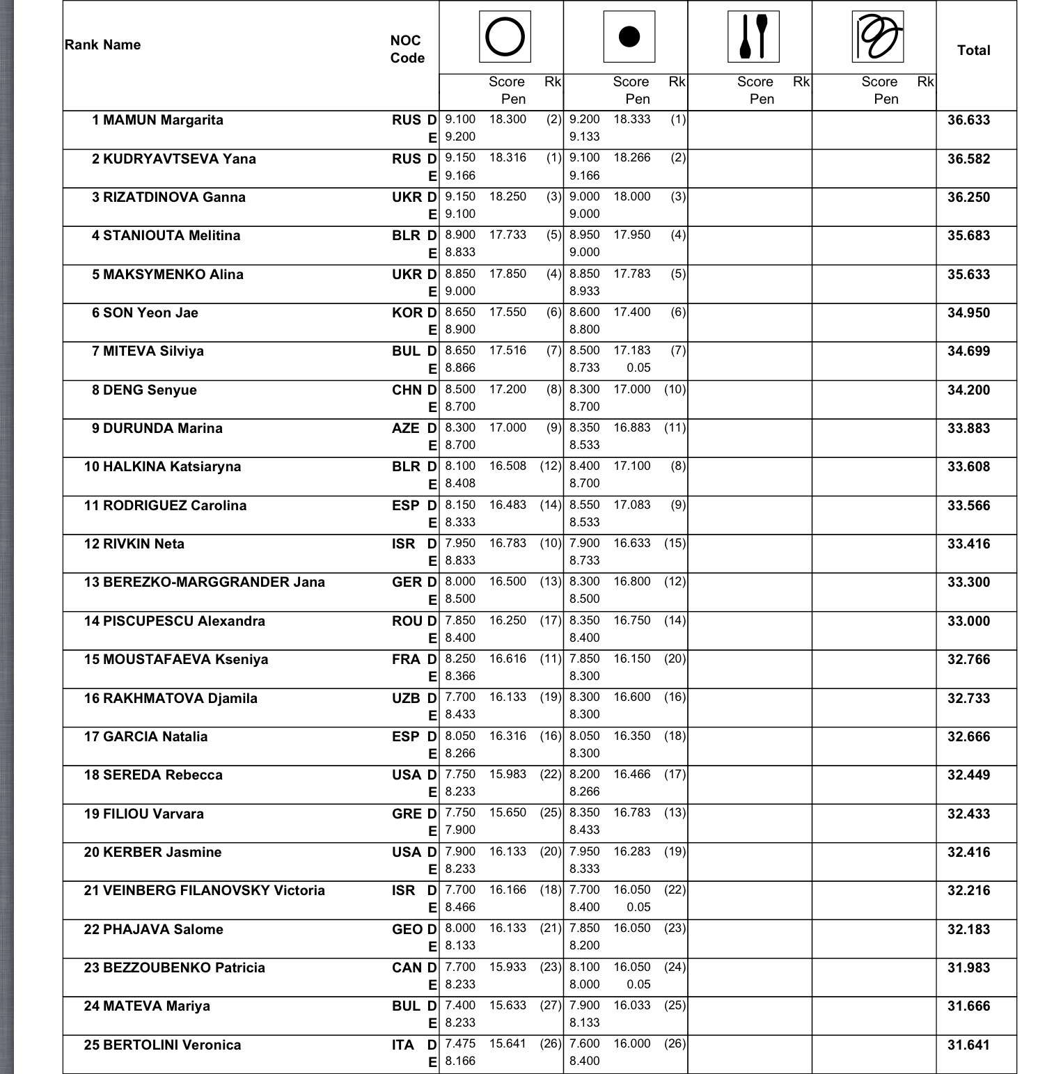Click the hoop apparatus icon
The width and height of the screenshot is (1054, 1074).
505,37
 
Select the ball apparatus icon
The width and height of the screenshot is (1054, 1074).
629,37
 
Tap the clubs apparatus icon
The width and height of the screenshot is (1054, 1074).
753,37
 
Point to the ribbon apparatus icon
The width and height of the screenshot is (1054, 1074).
877,37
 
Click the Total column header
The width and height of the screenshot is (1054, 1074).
973,50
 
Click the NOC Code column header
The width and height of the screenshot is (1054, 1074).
407,49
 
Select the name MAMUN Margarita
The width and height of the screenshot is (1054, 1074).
163,120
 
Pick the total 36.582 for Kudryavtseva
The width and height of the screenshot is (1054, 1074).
968,159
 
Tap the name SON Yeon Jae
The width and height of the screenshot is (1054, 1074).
150,313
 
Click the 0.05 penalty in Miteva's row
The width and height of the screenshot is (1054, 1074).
638,368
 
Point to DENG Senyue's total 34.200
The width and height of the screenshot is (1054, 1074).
968,390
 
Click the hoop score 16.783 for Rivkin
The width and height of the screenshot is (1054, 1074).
508,544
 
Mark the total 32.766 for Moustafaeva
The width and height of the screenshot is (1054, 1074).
968,660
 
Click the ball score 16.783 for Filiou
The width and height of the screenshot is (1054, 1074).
631,813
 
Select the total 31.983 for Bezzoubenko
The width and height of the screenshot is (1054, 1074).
968,968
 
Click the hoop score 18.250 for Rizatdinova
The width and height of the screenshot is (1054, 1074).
508,197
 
